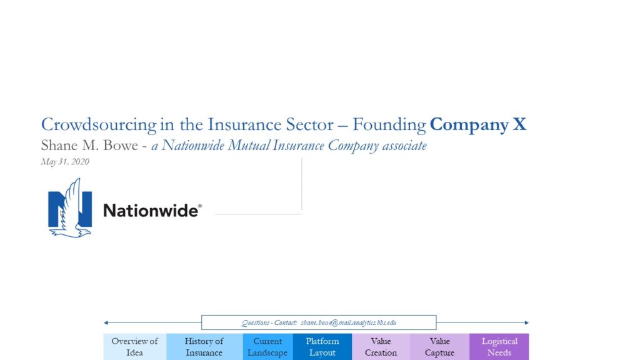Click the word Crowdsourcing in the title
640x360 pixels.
point(99,125)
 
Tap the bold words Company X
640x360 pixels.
point(478,125)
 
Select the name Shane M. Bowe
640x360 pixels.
point(89,145)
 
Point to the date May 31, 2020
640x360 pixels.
point(65,162)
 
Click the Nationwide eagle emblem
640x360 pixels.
point(70,207)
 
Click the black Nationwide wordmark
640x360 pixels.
point(152,211)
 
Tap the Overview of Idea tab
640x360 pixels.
point(135,346)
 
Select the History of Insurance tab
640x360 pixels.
point(204,346)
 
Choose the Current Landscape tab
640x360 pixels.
point(267,346)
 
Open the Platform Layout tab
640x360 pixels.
point(322,346)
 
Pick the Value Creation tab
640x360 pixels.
point(381,346)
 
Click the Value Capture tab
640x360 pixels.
point(439,346)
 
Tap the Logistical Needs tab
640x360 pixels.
point(499,346)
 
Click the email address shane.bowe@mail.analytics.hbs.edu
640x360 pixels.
point(349,322)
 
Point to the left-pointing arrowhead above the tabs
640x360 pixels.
point(106,322)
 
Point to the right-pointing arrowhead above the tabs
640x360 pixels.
point(526,322)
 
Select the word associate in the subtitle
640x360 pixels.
point(404,146)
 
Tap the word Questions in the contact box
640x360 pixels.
point(256,322)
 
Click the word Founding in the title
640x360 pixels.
point(389,125)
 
